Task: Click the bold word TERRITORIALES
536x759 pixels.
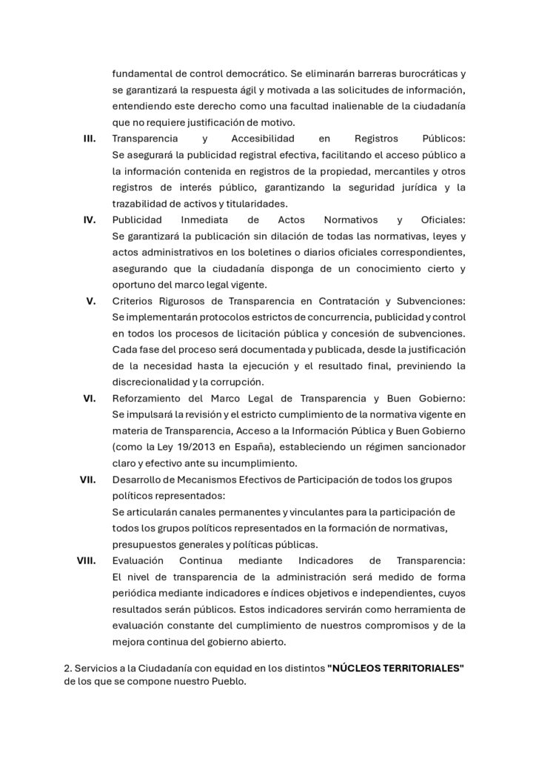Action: pyautogui.click(x=418, y=669)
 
